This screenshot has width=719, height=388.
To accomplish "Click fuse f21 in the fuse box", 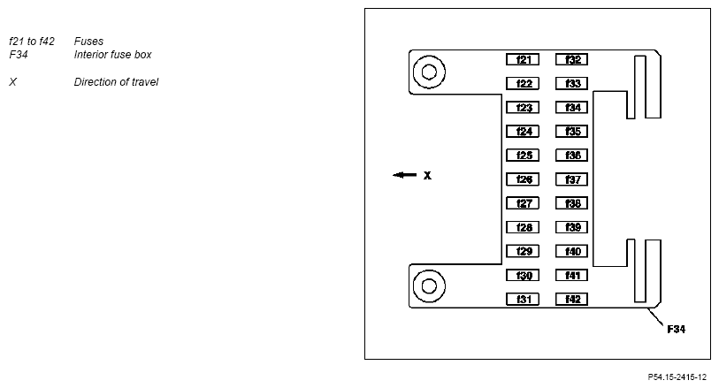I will point(523,60).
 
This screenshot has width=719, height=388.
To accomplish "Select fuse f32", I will point(572,60).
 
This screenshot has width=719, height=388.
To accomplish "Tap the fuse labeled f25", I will point(523,156).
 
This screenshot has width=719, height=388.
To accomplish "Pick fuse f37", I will point(572,179).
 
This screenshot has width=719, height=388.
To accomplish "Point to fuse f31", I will point(523,300).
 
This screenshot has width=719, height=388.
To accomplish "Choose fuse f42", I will point(572,300).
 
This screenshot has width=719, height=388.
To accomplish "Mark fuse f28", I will point(523,228).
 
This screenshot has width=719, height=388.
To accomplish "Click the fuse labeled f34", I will point(572,108).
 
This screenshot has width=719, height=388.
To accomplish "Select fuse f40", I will point(572,252).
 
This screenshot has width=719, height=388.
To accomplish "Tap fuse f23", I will point(523,108).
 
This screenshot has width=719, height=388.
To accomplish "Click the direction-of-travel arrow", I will point(405,175).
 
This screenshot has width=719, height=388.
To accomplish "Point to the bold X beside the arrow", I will point(427,176).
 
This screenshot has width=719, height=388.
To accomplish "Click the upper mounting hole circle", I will point(429,71).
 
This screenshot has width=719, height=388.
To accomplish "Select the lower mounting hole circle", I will point(429,285).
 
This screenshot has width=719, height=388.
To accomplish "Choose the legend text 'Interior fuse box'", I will point(113,55).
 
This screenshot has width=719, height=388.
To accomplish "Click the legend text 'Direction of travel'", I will point(116,82).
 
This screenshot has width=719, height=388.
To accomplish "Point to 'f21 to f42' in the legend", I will point(32,42).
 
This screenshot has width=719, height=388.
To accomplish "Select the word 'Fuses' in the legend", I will point(88,42).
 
